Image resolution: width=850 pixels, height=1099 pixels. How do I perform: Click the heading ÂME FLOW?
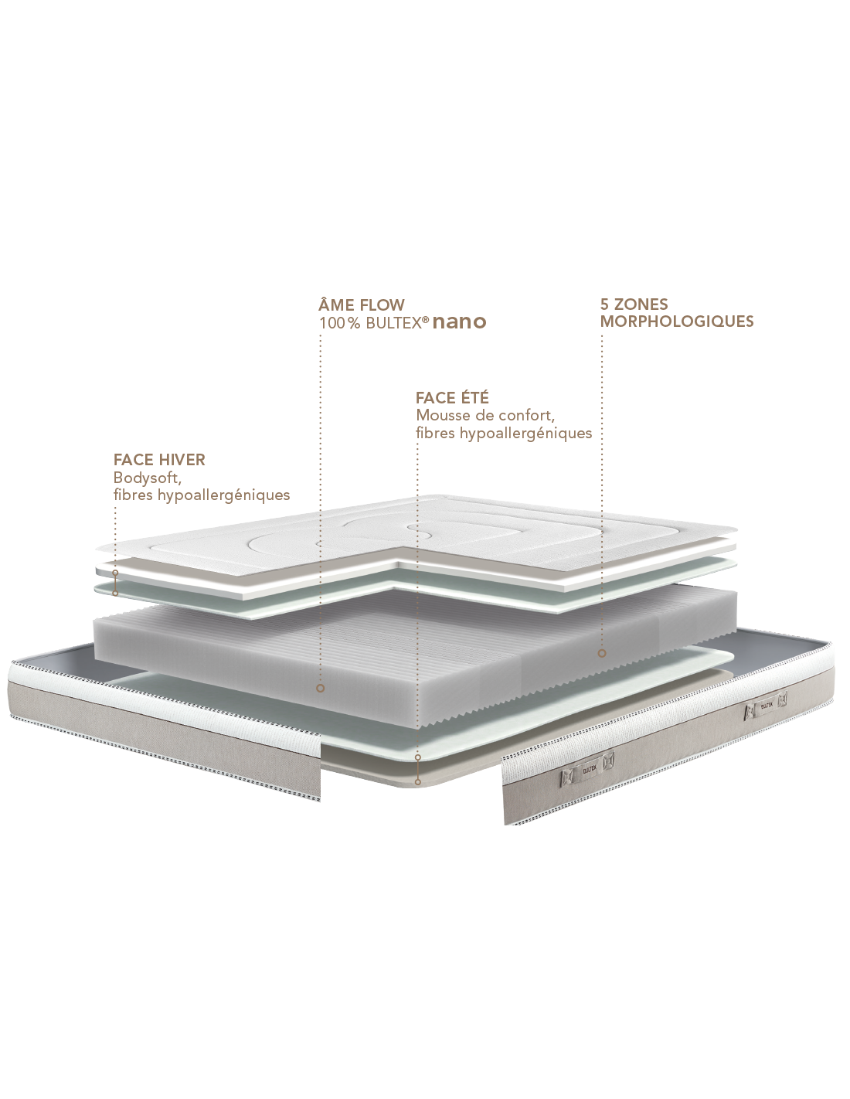click(x=362, y=305)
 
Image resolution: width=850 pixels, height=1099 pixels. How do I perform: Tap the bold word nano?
click(x=459, y=322)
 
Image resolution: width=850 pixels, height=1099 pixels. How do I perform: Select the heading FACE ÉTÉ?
click(x=452, y=397)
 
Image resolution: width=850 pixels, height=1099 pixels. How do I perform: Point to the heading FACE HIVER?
click(x=159, y=460)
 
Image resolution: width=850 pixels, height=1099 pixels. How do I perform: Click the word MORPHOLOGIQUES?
click(x=677, y=322)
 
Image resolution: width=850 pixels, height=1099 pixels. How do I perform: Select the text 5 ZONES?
click(x=634, y=305)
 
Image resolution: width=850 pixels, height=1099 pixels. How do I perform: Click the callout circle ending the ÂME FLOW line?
click(x=320, y=689)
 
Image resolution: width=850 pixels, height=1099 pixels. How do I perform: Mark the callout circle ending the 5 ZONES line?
click(x=602, y=653)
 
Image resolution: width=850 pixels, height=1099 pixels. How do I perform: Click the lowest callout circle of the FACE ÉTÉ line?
click(x=418, y=782)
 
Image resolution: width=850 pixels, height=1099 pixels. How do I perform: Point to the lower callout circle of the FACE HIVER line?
click(x=115, y=593)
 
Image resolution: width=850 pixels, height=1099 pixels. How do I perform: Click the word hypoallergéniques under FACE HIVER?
click(x=223, y=495)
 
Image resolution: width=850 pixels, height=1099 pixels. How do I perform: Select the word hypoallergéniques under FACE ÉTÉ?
click(x=525, y=434)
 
